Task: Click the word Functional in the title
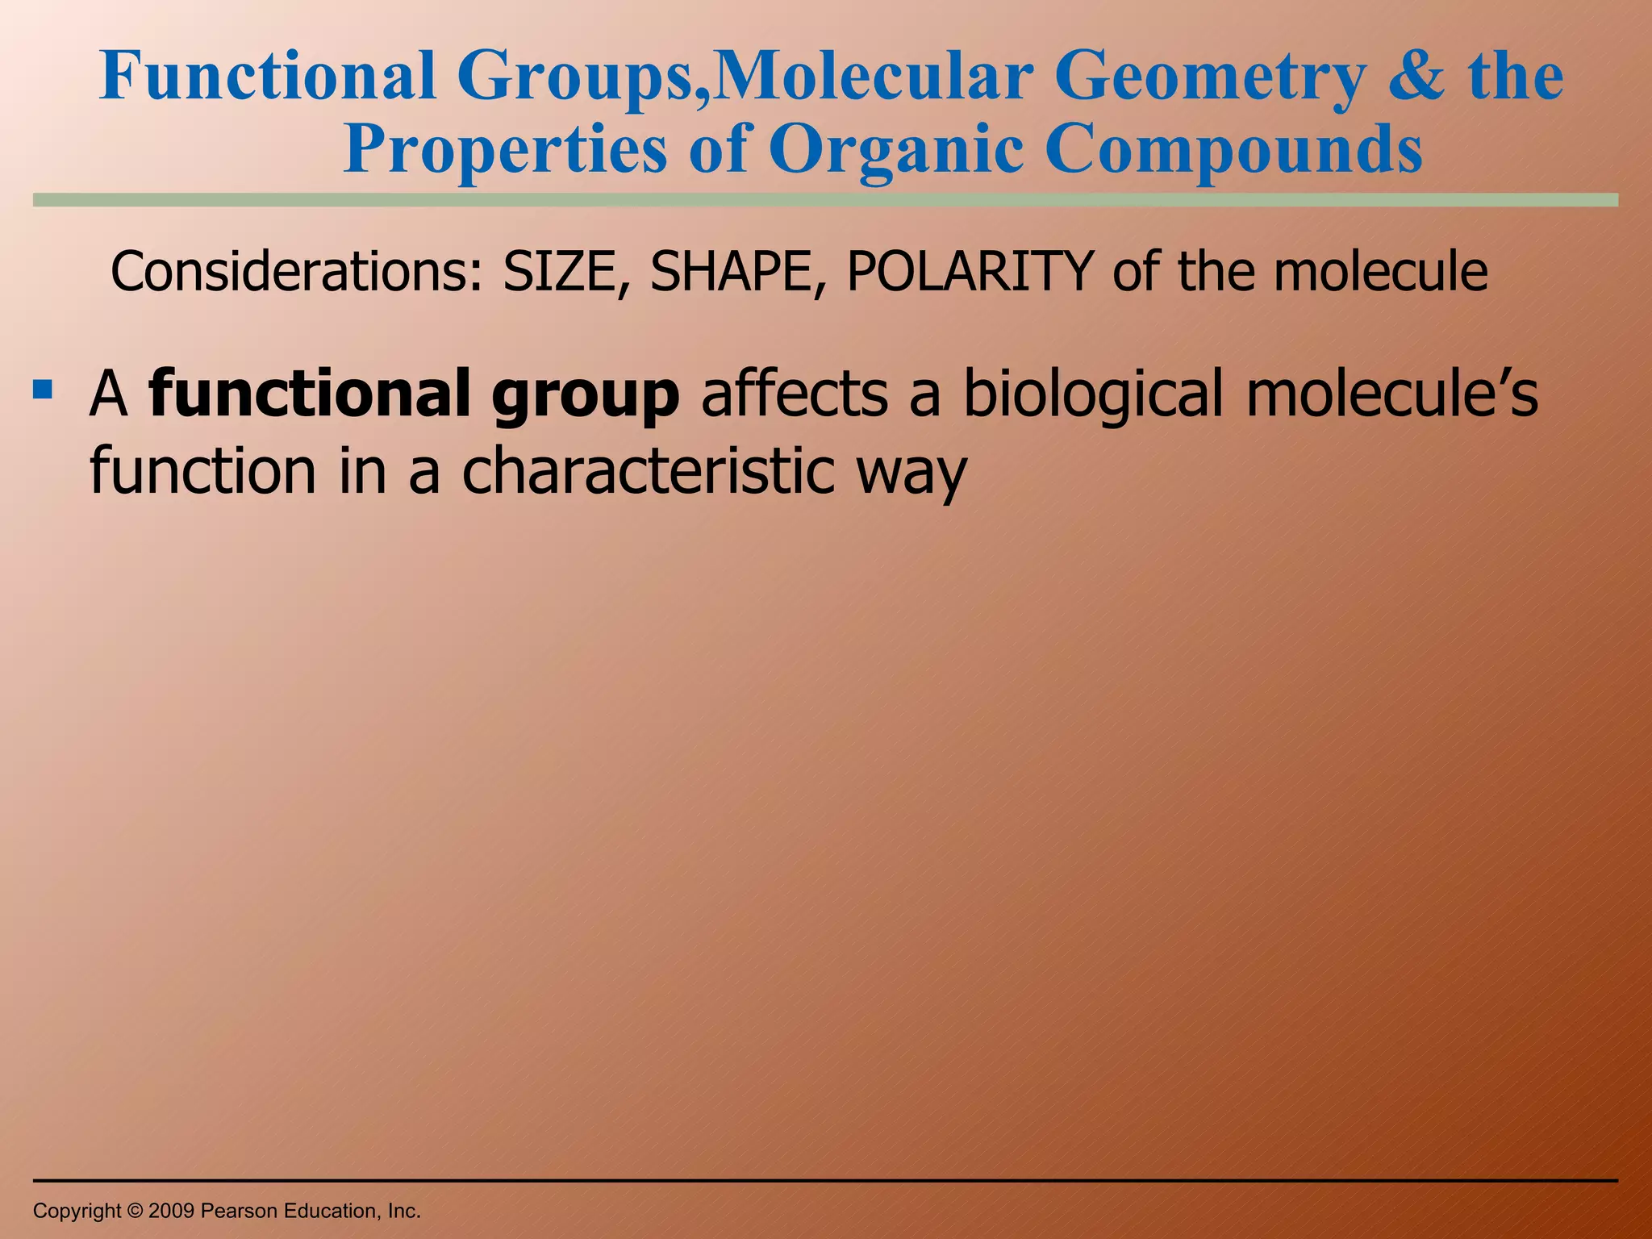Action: (267, 77)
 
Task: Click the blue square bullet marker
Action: (43, 390)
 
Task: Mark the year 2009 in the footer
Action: (172, 1211)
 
